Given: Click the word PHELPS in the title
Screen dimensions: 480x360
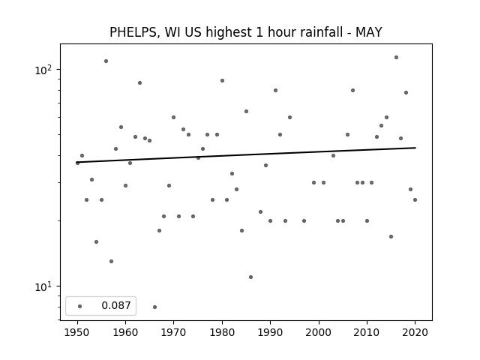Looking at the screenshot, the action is (x=133, y=32).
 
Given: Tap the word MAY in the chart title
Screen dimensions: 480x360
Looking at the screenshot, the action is (x=368, y=32).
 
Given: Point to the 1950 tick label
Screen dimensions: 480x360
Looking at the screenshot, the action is (x=77, y=332).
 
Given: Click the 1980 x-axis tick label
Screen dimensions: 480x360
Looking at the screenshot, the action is (x=222, y=332).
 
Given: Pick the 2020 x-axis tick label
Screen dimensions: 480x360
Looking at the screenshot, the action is (x=415, y=332).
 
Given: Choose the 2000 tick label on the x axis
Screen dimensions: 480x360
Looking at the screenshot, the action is (x=319, y=332).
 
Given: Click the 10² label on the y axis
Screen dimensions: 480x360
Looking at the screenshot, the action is (x=43, y=70).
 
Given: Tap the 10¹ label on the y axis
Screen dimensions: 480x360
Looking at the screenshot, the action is (x=43, y=286).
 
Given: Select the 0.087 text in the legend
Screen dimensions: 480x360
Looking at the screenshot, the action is (x=116, y=305).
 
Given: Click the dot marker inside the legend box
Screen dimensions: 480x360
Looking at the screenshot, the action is (x=80, y=306).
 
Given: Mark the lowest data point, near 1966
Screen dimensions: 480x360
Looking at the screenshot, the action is (x=155, y=307).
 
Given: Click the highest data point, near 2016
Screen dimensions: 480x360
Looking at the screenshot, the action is (x=396, y=57).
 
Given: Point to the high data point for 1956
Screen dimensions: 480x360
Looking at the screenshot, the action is (x=106, y=61).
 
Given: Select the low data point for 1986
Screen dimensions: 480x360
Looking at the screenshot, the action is (x=251, y=277).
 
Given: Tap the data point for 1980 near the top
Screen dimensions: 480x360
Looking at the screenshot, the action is (x=222, y=81).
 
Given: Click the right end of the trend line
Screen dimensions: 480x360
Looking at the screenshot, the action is (x=415, y=148).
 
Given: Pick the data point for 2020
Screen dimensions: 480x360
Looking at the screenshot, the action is (x=415, y=200).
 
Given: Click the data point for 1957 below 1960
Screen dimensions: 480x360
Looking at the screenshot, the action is (x=112, y=262).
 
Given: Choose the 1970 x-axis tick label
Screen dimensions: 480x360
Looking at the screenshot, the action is (x=174, y=332).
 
